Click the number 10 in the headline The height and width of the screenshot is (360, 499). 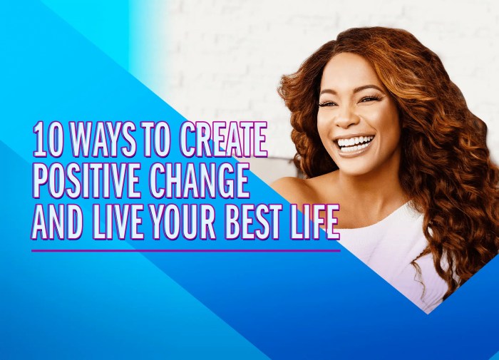click(x=46, y=140)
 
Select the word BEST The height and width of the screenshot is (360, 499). click(x=262, y=223)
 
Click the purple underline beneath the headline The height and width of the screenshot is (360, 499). click(x=185, y=250)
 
